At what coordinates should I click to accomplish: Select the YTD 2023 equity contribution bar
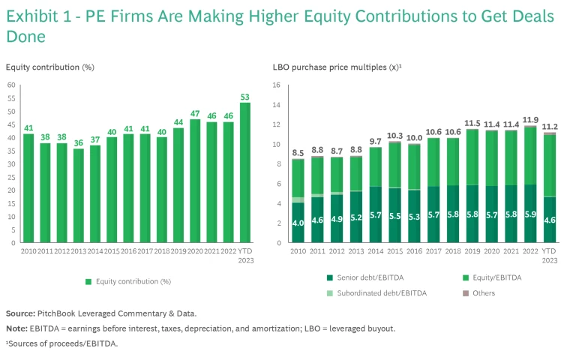(245, 172)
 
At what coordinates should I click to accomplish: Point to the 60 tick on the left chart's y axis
(11, 85)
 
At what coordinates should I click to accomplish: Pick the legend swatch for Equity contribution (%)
(88, 282)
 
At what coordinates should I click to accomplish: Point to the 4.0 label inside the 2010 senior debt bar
(298, 223)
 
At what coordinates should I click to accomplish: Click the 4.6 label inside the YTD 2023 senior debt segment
(550, 220)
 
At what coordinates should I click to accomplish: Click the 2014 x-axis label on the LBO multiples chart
(375, 252)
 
